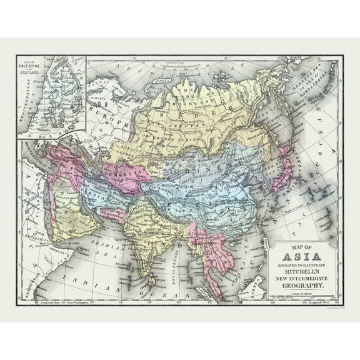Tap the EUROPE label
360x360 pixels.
106,116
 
